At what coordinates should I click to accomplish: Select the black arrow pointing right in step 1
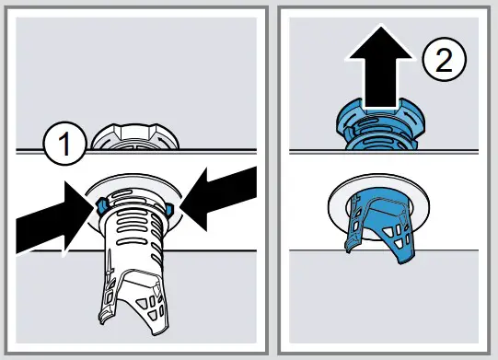click(x=46, y=215)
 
